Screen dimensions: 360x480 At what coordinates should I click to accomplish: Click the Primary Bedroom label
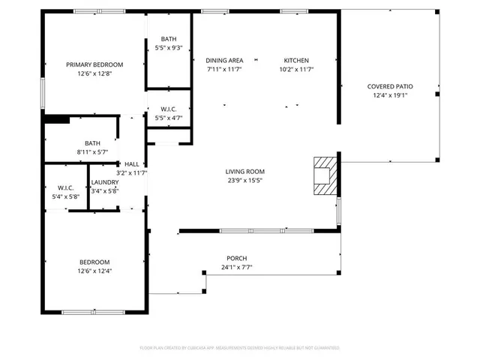pos(94,64)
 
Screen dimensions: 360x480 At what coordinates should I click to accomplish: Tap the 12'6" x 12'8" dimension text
pos(94,73)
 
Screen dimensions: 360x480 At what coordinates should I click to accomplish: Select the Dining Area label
pos(225,61)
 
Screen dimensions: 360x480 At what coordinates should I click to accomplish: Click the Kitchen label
pos(295,61)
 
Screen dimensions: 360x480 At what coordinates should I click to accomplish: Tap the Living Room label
pos(245,172)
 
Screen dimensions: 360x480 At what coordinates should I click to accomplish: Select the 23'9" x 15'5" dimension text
pos(245,180)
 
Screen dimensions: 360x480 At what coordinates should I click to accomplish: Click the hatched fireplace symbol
pos(325,175)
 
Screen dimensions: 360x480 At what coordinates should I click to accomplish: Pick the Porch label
pos(237,259)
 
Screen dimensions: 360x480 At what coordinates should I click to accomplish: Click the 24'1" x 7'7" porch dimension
pos(237,267)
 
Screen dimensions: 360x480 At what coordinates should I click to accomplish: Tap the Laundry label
pos(103,182)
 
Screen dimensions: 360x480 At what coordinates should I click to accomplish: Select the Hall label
pos(131,164)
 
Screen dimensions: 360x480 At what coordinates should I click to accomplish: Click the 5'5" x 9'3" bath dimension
pos(169,48)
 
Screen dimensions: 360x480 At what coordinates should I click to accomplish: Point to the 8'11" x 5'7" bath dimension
pos(92,151)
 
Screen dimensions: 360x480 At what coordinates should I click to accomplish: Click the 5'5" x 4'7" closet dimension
pos(169,118)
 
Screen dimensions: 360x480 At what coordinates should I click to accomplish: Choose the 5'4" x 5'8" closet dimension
pos(65,196)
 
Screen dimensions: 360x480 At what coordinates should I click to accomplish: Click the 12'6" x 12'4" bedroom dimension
pos(94,271)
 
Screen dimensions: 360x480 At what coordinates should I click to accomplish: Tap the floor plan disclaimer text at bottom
pos(240,348)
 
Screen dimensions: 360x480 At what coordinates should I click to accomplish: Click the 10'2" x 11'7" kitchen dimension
pos(295,69)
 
